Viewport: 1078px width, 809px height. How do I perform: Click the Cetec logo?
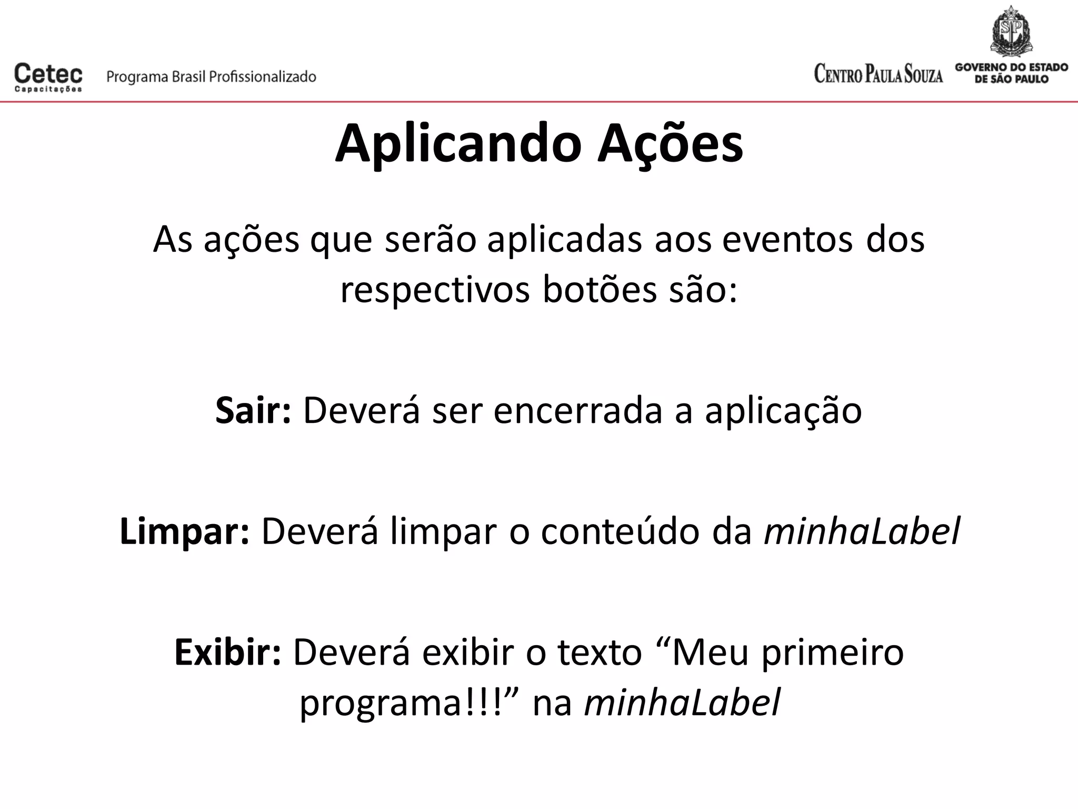[48, 77]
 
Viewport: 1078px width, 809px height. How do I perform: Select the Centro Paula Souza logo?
[878, 74]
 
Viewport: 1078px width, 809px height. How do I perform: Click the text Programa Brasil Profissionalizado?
[211, 77]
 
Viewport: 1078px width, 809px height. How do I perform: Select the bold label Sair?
[253, 411]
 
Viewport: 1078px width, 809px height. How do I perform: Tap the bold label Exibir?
[228, 653]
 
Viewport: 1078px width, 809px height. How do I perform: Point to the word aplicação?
[783, 411]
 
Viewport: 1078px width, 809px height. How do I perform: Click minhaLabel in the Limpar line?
[862, 532]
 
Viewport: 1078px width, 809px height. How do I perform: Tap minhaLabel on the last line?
[682, 703]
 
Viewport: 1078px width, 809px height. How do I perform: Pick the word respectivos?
[435, 291]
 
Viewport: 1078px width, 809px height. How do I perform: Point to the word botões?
[600, 291]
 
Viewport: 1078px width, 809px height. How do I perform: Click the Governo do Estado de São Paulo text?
[1011, 74]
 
